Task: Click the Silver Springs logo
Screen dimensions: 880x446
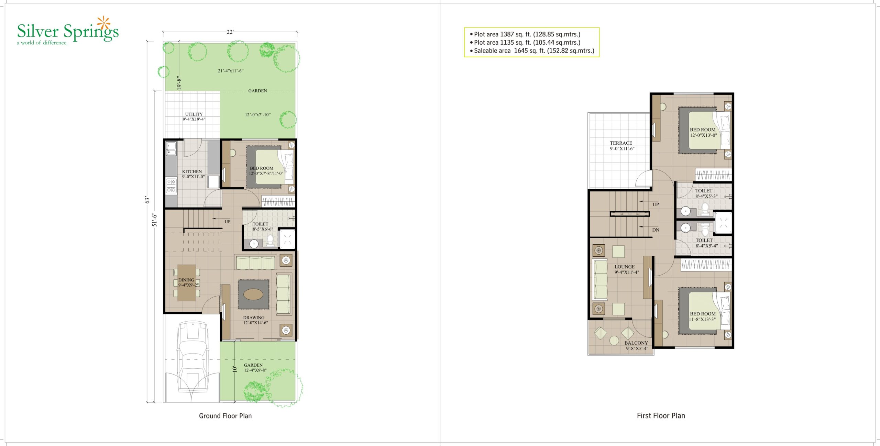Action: (68, 31)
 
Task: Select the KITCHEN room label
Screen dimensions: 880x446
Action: (192, 171)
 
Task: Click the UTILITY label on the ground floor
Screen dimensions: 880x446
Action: (194, 114)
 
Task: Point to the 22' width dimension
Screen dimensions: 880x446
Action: (230, 32)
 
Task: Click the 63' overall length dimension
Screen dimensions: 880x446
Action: (147, 200)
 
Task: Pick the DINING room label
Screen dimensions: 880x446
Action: (186, 280)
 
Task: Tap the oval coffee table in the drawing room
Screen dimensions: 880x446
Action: (253, 294)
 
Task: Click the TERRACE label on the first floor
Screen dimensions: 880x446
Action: (621, 143)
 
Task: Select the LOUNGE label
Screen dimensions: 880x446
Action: (625, 267)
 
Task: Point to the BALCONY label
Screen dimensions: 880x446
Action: (636, 343)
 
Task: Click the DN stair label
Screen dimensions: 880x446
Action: (656, 230)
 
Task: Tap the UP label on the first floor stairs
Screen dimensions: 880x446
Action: (656, 204)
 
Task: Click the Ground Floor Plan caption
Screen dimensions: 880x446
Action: (225, 416)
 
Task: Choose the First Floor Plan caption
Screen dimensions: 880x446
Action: (661, 415)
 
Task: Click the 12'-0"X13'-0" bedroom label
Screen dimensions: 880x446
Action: (703, 135)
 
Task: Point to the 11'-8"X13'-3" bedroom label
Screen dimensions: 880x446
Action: (702, 320)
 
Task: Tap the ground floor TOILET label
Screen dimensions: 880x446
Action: (260, 224)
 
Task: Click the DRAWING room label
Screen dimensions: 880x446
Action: (254, 318)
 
